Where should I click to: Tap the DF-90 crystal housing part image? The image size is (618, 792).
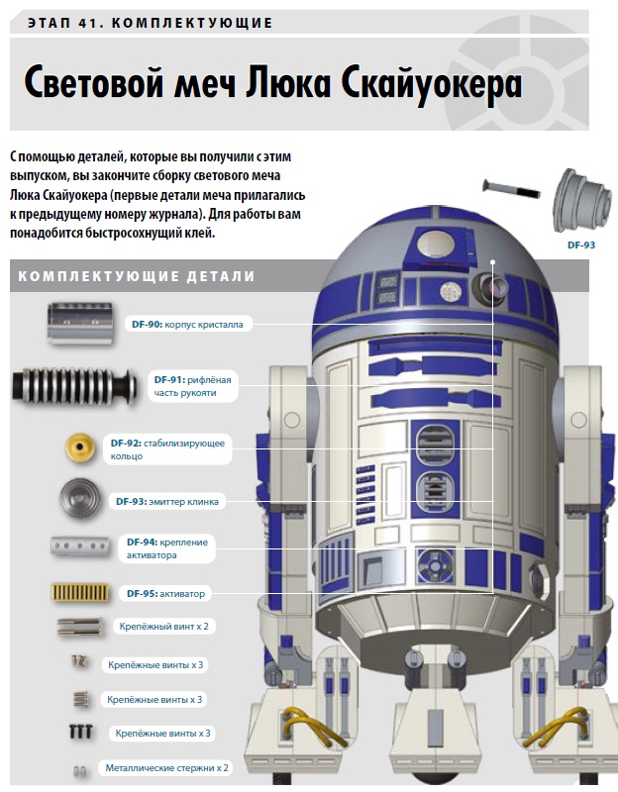(x=80, y=324)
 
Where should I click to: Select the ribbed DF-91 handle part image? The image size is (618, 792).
(x=74, y=386)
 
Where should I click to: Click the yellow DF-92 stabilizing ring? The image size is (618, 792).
(x=80, y=447)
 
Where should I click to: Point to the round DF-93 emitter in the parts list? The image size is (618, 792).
(x=80, y=499)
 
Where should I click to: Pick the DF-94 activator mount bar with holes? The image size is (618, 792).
(x=80, y=546)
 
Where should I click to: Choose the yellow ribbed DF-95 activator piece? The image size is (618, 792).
(x=80, y=592)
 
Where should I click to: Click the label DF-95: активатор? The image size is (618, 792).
(x=165, y=593)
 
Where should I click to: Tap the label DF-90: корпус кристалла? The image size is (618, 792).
(x=187, y=325)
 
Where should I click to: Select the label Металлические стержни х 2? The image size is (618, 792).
(x=166, y=768)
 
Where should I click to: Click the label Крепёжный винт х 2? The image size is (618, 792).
(x=163, y=627)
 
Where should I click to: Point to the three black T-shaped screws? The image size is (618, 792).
(x=81, y=732)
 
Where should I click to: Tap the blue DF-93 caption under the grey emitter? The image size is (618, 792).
(x=581, y=245)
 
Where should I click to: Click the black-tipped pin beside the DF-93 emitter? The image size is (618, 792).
(x=511, y=189)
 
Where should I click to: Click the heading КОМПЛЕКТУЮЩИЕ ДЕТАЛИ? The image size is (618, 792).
(x=137, y=276)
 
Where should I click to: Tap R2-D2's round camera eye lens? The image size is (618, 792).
(x=491, y=288)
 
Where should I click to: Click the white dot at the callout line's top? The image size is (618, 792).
(x=492, y=262)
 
